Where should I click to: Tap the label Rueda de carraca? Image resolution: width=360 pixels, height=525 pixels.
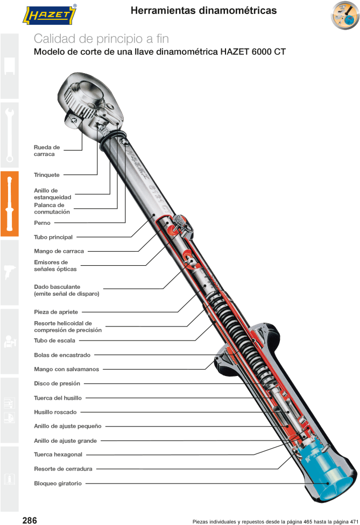pyautogui.click(x=47, y=151)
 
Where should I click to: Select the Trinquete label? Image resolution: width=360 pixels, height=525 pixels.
pyautogui.click(x=47, y=175)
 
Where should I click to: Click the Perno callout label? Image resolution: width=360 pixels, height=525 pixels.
pyautogui.click(x=43, y=223)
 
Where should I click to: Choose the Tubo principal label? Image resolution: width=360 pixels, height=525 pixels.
pyautogui.click(x=53, y=237)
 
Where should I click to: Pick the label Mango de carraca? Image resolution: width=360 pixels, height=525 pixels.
pyautogui.click(x=59, y=251)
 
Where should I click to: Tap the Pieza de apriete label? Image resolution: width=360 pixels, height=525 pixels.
pyautogui.click(x=56, y=312)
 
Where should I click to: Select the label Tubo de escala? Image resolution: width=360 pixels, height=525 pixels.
pyautogui.click(x=54, y=340)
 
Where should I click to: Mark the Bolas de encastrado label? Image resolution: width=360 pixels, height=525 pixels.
pyautogui.click(x=62, y=355)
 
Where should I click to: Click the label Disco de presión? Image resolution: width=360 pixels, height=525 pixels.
pyautogui.click(x=57, y=384)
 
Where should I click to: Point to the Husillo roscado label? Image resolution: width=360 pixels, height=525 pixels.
pyautogui.click(x=56, y=413)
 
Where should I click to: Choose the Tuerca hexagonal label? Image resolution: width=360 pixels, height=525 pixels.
pyautogui.click(x=58, y=455)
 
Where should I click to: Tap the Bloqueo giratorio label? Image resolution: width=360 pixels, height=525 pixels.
pyautogui.click(x=58, y=484)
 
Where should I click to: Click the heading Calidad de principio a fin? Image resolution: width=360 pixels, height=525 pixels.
pyautogui.click(x=101, y=39)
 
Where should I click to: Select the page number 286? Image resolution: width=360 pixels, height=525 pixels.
pyautogui.click(x=29, y=520)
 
